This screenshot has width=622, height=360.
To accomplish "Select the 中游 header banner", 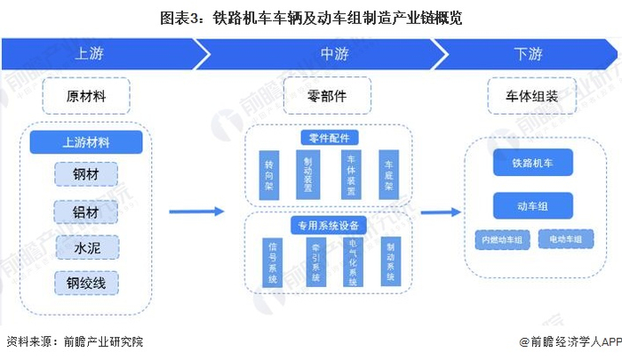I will click(333, 53).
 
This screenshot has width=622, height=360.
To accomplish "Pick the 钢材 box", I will click(85, 173).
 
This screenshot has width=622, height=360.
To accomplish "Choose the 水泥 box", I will click(85, 246).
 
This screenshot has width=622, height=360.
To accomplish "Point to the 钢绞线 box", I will click(85, 283).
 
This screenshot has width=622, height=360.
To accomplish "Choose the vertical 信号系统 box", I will click(272, 262).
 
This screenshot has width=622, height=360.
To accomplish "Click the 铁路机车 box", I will click(532, 164).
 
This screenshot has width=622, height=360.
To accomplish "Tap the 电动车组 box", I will click(565, 239).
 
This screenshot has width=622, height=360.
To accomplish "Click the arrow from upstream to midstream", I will click(195, 212).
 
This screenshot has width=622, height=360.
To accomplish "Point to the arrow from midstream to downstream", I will click(441, 212).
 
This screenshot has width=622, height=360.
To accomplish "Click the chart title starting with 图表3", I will click(311, 17).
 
